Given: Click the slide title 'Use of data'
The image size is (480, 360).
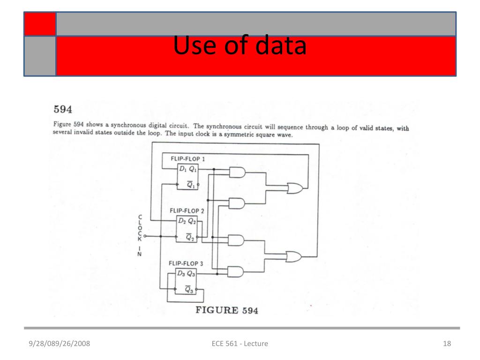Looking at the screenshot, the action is pos(240,46).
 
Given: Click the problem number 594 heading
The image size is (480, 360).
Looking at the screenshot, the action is pos(63,110).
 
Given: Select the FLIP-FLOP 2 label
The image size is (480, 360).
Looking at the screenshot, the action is pos(187,210).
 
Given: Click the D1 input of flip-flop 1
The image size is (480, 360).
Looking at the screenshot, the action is pos(183,169).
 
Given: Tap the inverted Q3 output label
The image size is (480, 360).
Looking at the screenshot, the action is pos(189,290).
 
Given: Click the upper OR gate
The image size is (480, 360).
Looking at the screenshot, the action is pos(295,188).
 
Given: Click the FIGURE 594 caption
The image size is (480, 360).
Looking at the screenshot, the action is pos(227,310).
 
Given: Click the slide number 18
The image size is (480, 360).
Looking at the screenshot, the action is pos(447,344).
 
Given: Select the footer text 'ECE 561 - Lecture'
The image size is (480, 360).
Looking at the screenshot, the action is pos(240,344).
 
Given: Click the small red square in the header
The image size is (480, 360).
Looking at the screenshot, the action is pos(40,24).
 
